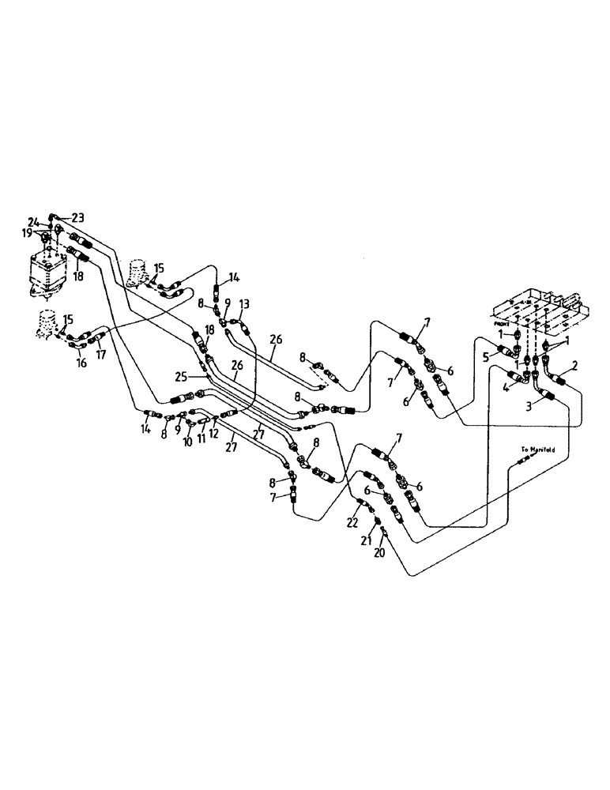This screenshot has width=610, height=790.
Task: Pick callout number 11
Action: (x=202, y=438)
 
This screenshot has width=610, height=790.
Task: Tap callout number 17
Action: (x=101, y=355)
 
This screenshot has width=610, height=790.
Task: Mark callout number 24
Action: (x=33, y=221)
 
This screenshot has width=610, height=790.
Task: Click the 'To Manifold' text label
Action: (x=538, y=450)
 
